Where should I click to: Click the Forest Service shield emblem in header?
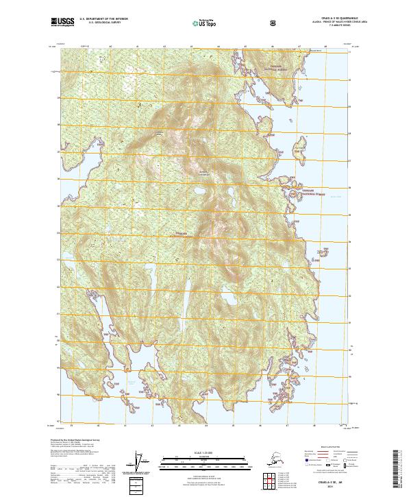coord(274,23)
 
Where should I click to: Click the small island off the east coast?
coord(300,150)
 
